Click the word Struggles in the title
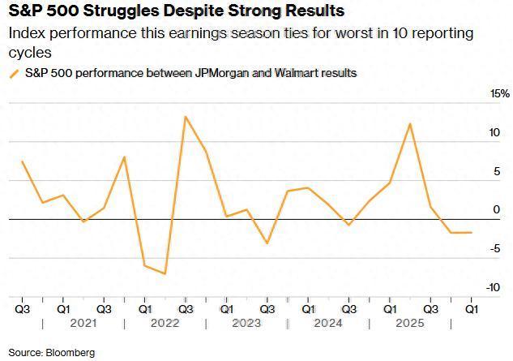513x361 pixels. point(130,11)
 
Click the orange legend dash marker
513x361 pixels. point(14,73)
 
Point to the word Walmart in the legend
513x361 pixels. point(296,73)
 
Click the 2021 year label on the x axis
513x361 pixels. point(83,324)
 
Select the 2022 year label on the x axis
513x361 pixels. point(165,324)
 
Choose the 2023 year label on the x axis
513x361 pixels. point(246,324)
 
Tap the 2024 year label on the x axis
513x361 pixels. point(328,324)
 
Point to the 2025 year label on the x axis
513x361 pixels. point(410,324)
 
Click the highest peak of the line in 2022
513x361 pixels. point(186,116)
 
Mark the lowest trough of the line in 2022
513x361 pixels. point(165,273)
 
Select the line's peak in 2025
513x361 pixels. point(410,124)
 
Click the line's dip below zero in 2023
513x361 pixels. point(267,243)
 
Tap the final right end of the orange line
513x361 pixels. point(471,233)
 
